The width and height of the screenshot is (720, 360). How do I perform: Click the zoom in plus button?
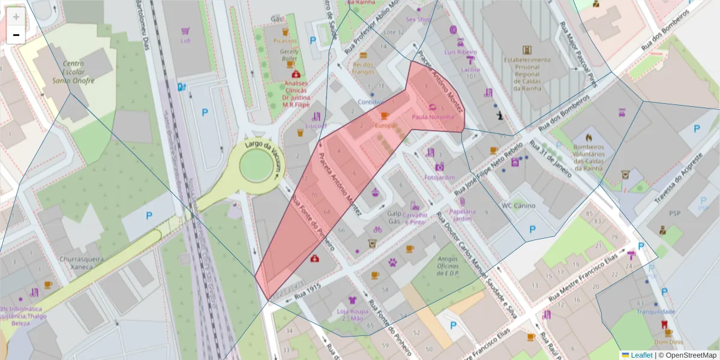pyautogui.click(x=16, y=17)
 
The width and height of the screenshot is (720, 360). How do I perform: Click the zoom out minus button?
pyautogui.click(x=16, y=35)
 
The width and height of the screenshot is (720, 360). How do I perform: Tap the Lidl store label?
pyautogui.click(x=185, y=40)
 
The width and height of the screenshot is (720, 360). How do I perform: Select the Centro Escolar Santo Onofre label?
pyautogui.click(x=73, y=72)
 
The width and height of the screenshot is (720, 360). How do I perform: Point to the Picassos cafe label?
pyautogui.click(x=285, y=41)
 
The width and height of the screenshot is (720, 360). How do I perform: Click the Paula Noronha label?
pyautogui.click(x=433, y=117)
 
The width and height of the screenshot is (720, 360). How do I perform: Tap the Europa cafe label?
pyautogui.click(x=385, y=125)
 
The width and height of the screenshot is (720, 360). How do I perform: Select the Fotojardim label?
pyautogui.click(x=440, y=178)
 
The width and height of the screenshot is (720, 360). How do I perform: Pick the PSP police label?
pyautogui.click(x=674, y=213)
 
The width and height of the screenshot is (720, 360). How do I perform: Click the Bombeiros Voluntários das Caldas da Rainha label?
pyautogui.click(x=588, y=157)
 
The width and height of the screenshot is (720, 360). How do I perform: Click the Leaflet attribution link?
pyautogui.click(x=642, y=355)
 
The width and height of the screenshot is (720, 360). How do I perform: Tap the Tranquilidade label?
pyautogui.click(x=656, y=311)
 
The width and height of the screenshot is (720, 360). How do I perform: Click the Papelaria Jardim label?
pyautogui.click(x=461, y=215)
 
